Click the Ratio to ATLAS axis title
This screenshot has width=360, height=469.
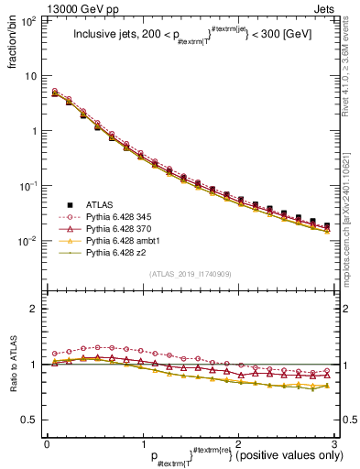click(13, 365)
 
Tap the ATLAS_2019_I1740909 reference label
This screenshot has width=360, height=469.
click(191, 273)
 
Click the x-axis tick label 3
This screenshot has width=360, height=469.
click(333, 443)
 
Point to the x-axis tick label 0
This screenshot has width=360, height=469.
click(47, 443)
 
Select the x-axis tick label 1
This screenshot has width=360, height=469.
click(142, 443)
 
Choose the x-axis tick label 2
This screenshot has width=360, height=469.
click(238, 443)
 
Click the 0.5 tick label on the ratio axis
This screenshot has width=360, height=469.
click(30, 420)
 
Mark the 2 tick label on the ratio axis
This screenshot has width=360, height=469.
click(35, 309)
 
